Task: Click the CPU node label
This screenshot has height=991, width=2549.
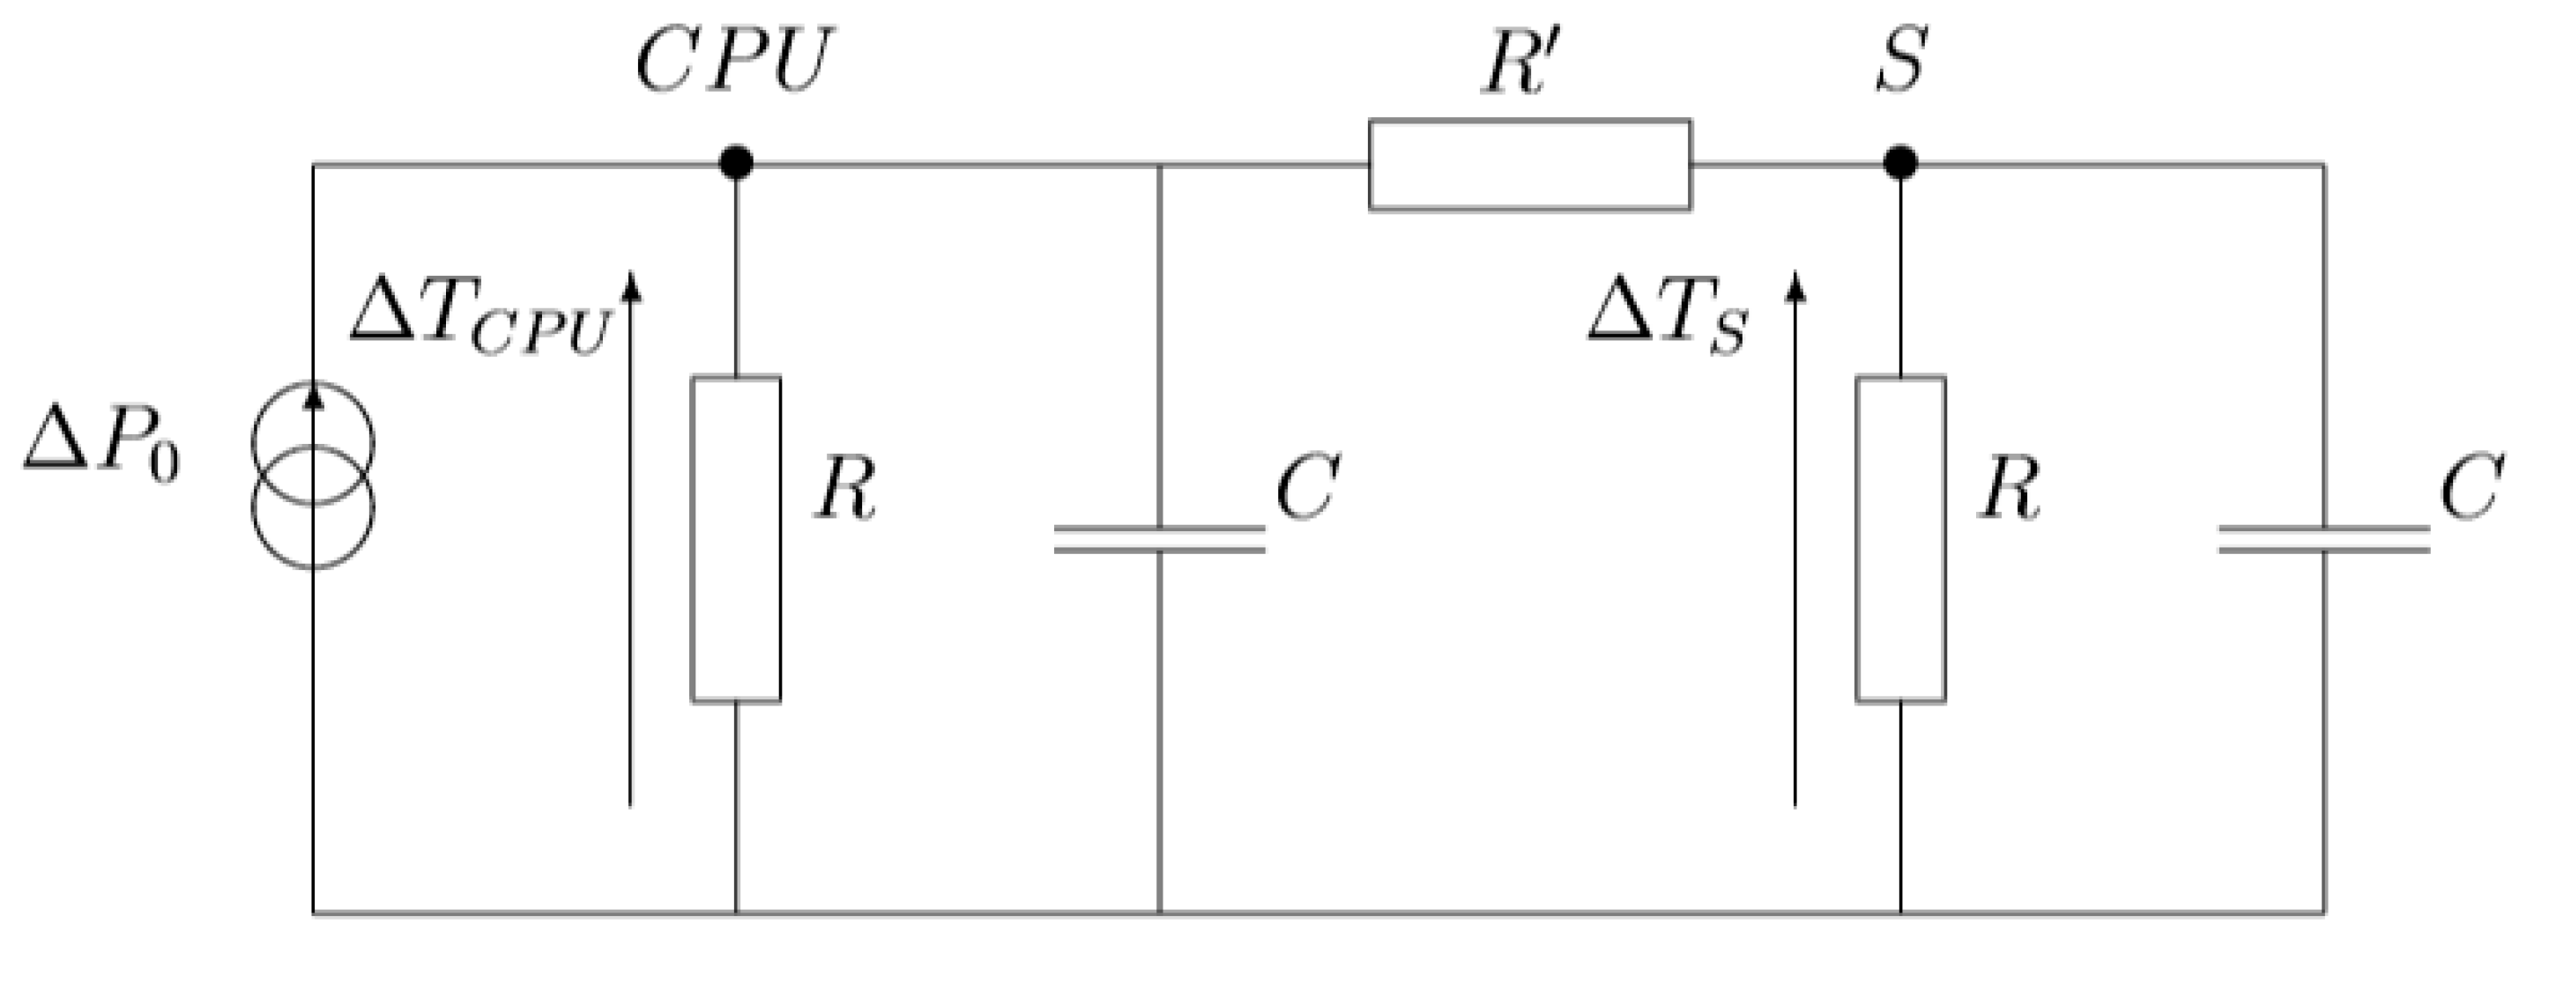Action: coord(734,62)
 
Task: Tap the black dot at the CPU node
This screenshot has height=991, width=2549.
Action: coord(735,163)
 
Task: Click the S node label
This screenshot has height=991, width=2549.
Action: coord(1900,62)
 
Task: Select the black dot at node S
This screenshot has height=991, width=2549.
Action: coord(1900,163)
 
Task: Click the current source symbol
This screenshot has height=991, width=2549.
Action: coord(314,475)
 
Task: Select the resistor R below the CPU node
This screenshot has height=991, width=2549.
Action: coord(735,539)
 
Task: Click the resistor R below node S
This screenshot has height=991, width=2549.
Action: coord(1900,539)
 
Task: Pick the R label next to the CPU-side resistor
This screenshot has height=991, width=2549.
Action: coord(845,490)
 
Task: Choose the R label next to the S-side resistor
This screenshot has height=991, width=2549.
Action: coord(2009,490)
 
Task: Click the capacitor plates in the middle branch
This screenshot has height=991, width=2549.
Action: coord(1159,539)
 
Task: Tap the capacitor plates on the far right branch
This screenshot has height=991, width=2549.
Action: coord(2323,539)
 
